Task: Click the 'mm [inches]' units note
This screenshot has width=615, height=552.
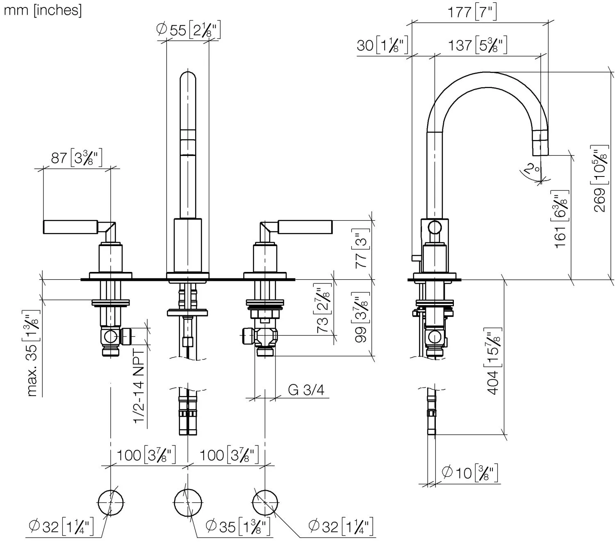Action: tap(43, 10)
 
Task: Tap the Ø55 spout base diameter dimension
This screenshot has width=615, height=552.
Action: tap(188, 29)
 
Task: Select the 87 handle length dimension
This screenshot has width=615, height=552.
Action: tap(76, 158)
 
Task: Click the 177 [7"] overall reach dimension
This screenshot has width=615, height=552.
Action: tap(471, 12)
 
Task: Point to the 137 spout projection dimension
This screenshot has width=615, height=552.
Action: tap(477, 45)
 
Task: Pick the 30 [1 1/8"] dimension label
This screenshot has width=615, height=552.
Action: tap(382, 45)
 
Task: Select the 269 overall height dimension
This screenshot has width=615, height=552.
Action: tap(601, 178)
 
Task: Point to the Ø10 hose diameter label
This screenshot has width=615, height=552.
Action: tap(469, 473)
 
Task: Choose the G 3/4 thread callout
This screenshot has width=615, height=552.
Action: tap(306, 390)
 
